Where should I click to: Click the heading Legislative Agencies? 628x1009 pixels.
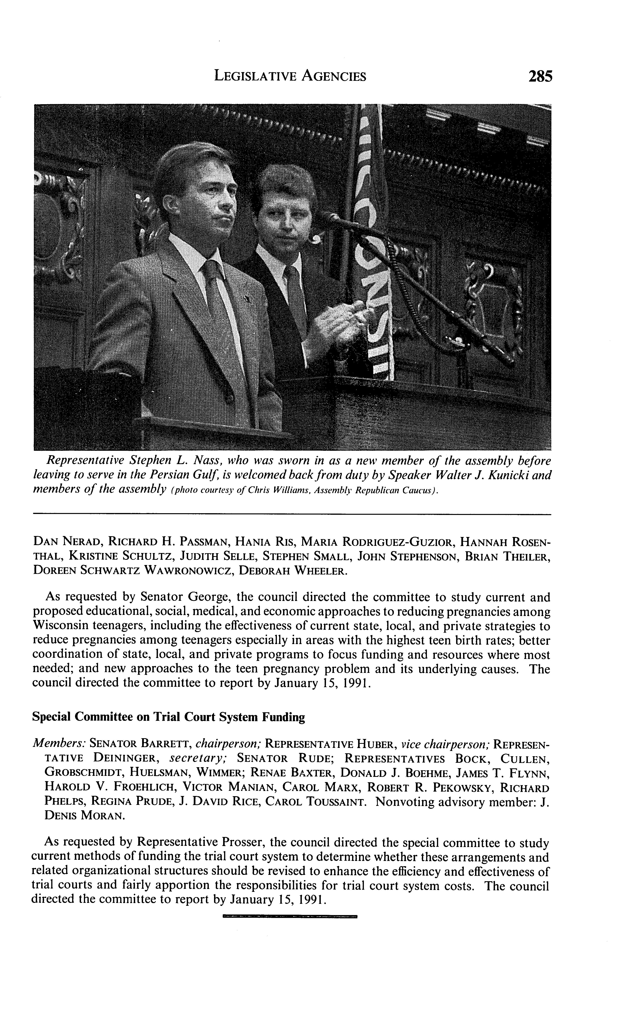click(x=289, y=76)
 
